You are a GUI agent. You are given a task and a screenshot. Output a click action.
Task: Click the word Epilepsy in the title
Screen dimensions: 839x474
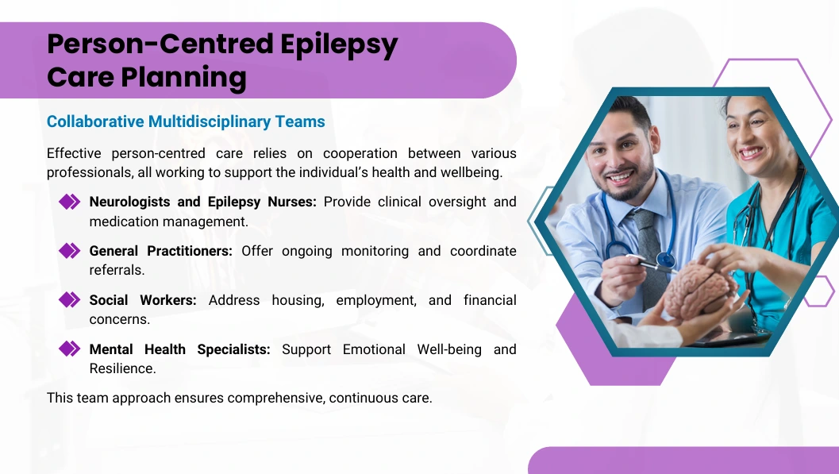click(339, 45)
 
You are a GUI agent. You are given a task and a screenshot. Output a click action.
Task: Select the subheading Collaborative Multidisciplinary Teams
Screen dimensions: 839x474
click(186, 121)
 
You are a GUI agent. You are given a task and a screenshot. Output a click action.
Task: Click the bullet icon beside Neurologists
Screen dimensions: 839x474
click(70, 202)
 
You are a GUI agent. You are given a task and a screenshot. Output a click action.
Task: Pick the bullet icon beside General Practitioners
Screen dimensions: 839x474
click(70, 251)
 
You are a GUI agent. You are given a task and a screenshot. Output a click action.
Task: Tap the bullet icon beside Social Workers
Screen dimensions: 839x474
click(70, 300)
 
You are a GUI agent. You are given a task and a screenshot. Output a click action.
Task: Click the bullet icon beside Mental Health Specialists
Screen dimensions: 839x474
click(70, 349)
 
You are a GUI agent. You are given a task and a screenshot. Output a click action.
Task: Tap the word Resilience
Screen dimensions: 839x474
click(122, 368)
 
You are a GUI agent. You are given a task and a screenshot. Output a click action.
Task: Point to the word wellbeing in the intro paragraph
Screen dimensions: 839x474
click(471, 173)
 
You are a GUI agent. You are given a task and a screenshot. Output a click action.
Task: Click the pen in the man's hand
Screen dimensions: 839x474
click(650, 263)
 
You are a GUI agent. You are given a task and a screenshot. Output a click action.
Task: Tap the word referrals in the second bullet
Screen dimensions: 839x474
click(117, 270)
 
